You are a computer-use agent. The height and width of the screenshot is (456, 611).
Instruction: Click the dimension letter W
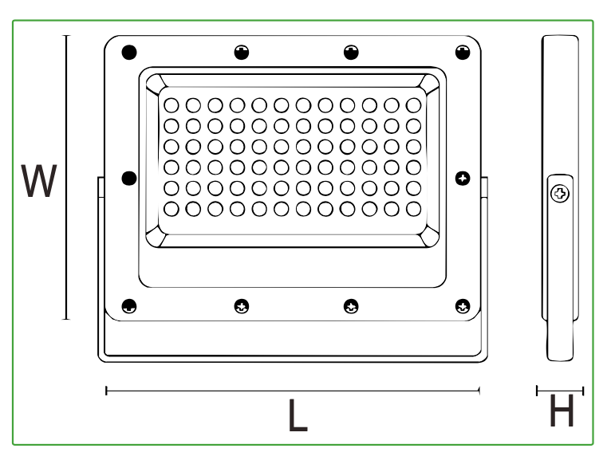click(x=39, y=181)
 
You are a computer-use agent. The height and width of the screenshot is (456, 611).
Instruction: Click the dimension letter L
click(x=298, y=415)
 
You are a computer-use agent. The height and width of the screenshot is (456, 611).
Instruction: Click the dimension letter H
click(x=562, y=411)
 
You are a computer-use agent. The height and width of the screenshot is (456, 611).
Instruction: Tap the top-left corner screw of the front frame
click(x=129, y=52)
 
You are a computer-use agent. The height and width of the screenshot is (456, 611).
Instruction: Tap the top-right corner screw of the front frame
click(x=463, y=52)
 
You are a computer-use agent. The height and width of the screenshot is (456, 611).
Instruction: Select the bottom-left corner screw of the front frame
click(x=129, y=306)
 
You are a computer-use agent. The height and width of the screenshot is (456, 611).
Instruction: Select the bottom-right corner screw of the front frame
click(x=463, y=306)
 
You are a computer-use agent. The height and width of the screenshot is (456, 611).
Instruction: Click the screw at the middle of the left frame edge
click(x=129, y=179)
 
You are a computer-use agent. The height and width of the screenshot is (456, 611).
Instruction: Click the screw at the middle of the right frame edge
click(x=463, y=179)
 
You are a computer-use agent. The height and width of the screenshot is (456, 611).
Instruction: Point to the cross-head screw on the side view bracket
click(x=560, y=194)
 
